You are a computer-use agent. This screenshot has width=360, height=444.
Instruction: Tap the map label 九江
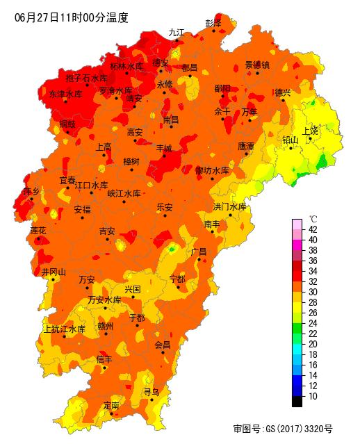(177, 32)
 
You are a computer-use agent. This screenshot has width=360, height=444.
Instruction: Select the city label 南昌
(171, 120)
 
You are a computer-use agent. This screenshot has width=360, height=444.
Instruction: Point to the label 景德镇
(257, 65)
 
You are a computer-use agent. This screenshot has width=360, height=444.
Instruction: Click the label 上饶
(310, 131)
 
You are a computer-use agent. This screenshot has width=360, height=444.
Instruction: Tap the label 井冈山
(54, 272)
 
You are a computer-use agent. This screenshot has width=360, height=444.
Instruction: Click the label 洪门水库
(230, 207)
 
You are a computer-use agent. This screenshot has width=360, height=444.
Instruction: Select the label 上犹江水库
(64, 329)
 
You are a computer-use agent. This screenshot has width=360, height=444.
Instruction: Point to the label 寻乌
(152, 392)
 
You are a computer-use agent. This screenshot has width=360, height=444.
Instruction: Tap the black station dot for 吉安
(108, 240)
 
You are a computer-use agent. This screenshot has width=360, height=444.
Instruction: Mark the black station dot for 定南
(111, 414)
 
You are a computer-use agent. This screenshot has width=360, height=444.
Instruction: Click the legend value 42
(313, 229)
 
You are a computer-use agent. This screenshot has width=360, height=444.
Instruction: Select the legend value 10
(313, 396)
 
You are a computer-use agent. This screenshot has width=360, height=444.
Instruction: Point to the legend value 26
(313, 313)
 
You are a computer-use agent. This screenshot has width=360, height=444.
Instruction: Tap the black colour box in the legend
(297, 401)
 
